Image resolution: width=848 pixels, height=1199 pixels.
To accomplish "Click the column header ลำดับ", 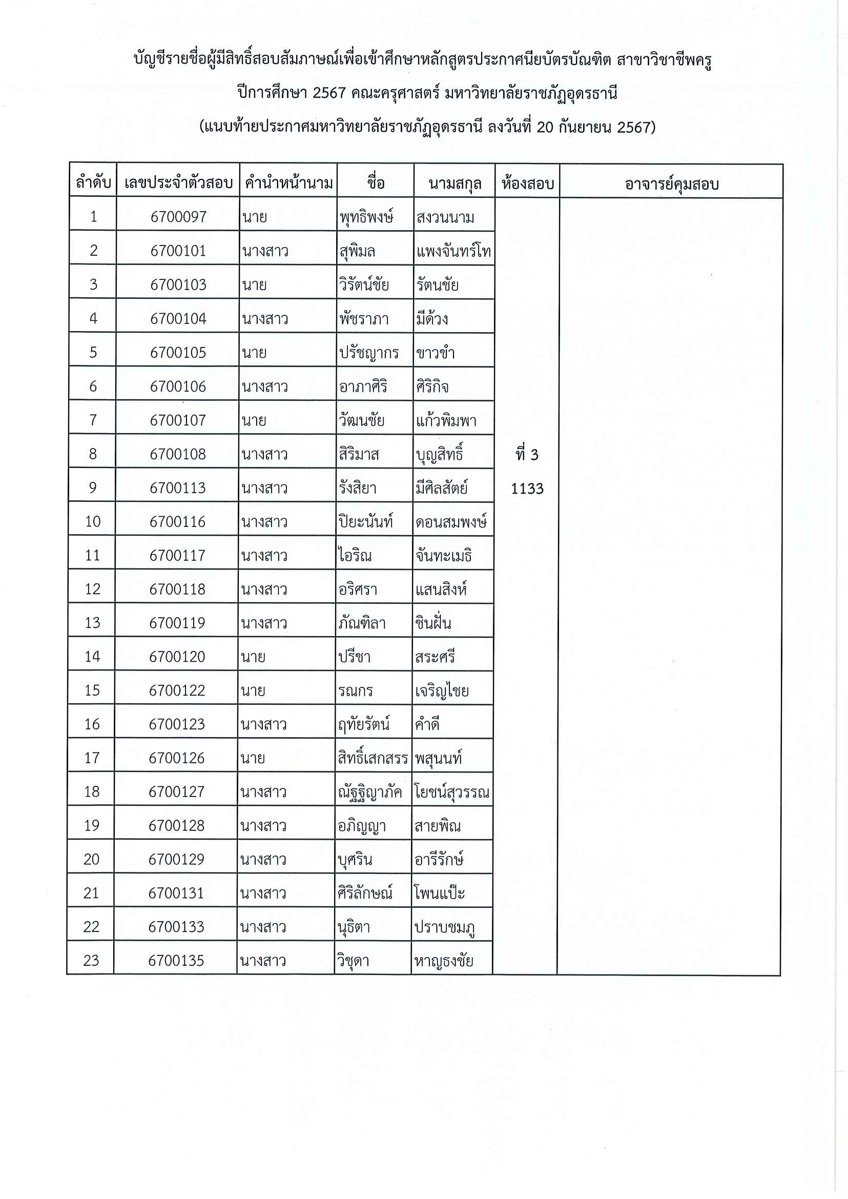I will pyautogui.click(x=93, y=183).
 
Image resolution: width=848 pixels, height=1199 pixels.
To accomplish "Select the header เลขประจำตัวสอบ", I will pyautogui.click(x=178, y=183).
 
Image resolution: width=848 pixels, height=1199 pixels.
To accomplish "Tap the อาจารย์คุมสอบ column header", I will pyautogui.click(x=672, y=184).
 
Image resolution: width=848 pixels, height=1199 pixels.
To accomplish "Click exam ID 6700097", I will pyautogui.click(x=178, y=217).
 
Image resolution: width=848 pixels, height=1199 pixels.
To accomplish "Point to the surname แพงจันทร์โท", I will pyautogui.click(x=453, y=252).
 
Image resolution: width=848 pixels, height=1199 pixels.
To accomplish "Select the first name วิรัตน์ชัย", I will pyautogui.click(x=364, y=285).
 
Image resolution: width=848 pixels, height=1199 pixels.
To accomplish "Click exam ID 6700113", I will pyautogui.click(x=177, y=488).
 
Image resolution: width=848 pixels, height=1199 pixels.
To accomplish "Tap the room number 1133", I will pyautogui.click(x=527, y=489).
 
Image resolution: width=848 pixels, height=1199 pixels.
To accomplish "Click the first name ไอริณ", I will pyautogui.click(x=355, y=555).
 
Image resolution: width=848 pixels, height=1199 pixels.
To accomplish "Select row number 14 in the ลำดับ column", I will pyautogui.click(x=92, y=657).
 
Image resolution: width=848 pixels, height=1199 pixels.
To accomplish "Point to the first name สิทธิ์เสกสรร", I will pyautogui.click(x=373, y=758).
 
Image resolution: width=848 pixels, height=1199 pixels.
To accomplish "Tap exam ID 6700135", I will pyautogui.click(x=176, y=960).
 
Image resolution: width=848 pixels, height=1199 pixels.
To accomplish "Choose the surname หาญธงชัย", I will pyautogui.click(x=443, y=961).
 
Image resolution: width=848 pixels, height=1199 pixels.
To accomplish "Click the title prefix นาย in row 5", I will pyautogui.click(x=254, y=353).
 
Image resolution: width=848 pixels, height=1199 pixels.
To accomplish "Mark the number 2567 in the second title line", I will pyautogui.click(x=329, y=93).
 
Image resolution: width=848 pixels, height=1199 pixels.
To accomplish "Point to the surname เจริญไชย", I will pyautogui.click(x=442, y=690).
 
